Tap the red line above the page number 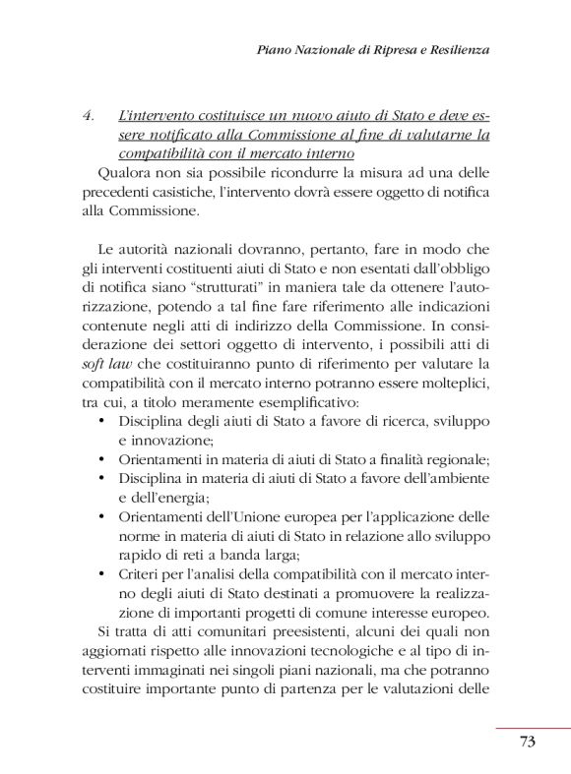(532, 728)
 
